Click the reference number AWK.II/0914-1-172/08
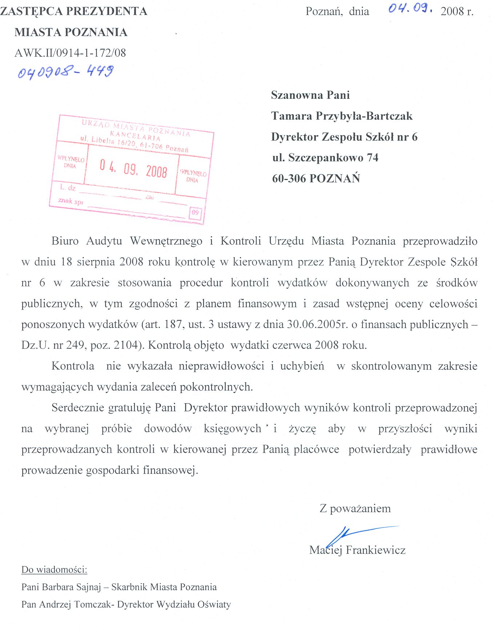[70, 53]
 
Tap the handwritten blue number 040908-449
[66, 72]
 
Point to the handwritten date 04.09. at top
[410, 9]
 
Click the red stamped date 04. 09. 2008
[133, 169]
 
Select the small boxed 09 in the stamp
[195, 213]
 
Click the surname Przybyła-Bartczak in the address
[364, 116]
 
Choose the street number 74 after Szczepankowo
[372, 158]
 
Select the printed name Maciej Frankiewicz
[357, 550]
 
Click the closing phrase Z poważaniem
[355, 508]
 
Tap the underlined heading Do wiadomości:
[55, 569]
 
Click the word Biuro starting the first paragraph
[65, 241]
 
